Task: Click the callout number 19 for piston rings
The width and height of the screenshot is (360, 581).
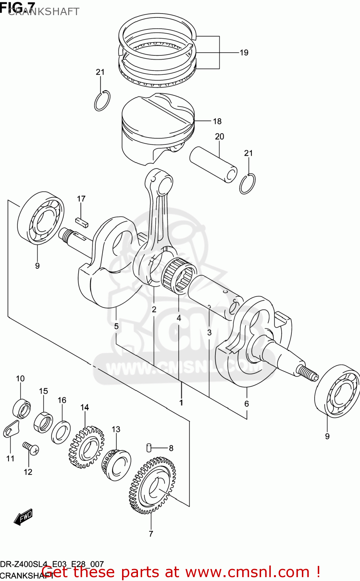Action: point(244,53)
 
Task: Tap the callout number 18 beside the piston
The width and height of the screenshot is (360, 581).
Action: point(217,121)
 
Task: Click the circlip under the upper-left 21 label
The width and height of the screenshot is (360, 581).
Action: point(102,101)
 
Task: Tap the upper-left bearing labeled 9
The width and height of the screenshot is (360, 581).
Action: point(41,218)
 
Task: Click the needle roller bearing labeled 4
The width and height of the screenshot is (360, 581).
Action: point(179,275)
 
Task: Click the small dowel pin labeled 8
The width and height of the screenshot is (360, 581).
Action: point(148,447)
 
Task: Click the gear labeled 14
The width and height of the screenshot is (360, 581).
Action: point(87,447)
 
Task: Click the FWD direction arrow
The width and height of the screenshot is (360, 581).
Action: point(23,517)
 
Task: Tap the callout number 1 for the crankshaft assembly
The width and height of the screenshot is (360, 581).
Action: point(181,403)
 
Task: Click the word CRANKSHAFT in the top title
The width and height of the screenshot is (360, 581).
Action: point(43,12)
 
